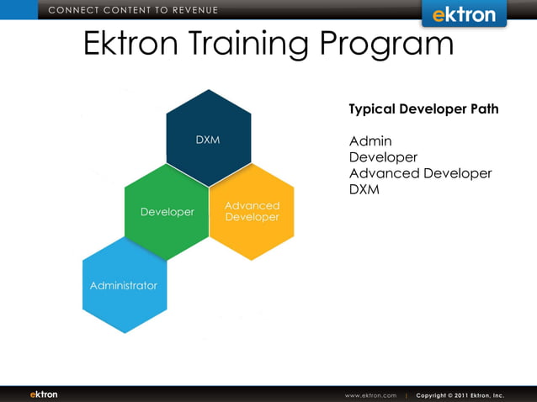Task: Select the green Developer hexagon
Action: [x=167, y=212]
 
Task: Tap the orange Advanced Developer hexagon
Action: [x=252, y=211]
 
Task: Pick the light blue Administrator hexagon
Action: [x=124, y=285]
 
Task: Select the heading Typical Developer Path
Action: [x=423, y=109]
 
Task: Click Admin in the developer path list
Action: [x=370, y=140]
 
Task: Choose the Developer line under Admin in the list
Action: [x=383, y=157]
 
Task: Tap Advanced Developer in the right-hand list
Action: [x=420, y=173]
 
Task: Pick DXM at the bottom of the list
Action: [x=364, y=190]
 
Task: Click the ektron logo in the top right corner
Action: [x=464, y=14]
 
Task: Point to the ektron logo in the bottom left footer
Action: [x=44, y=394]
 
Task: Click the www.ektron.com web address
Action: [x=370, y=395]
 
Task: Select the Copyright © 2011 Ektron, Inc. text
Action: [x=460, y=395]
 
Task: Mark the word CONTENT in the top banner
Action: [x=125, y=10]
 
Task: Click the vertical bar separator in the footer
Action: [x=407, y=395]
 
